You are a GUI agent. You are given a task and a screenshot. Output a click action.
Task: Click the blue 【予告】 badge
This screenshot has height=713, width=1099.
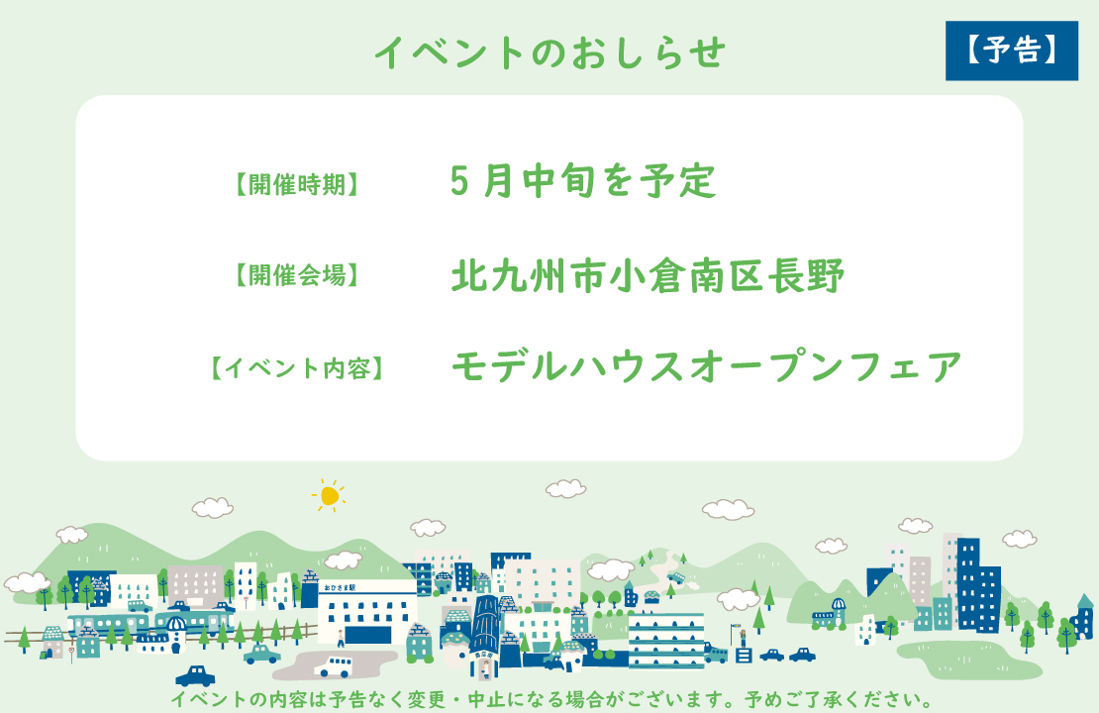(x=1011, y=51)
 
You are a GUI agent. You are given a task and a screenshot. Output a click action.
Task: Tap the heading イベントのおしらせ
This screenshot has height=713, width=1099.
(x=549, y=52)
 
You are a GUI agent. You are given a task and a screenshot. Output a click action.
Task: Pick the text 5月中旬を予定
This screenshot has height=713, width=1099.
(x=582, y=181)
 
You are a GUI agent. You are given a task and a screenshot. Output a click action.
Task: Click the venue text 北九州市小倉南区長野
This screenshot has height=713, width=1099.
(x=648, y=276)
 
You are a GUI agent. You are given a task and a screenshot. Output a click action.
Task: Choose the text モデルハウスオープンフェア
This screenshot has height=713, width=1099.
(x=706, y=367)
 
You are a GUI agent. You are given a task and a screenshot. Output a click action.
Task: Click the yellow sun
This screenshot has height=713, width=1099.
(x=330, y=495)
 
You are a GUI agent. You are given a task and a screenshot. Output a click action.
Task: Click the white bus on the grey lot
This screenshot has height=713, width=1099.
(x=333, y=665)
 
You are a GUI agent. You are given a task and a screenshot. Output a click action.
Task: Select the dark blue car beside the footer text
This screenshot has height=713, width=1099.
(x=195, y=676)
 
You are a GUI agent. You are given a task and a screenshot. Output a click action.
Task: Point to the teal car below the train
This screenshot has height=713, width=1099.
(x=261, y=654)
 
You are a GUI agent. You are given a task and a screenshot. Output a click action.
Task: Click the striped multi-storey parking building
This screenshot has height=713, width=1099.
(x=665, y=639)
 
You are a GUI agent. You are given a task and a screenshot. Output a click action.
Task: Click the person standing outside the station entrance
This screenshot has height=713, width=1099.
(x=340, y=636)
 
